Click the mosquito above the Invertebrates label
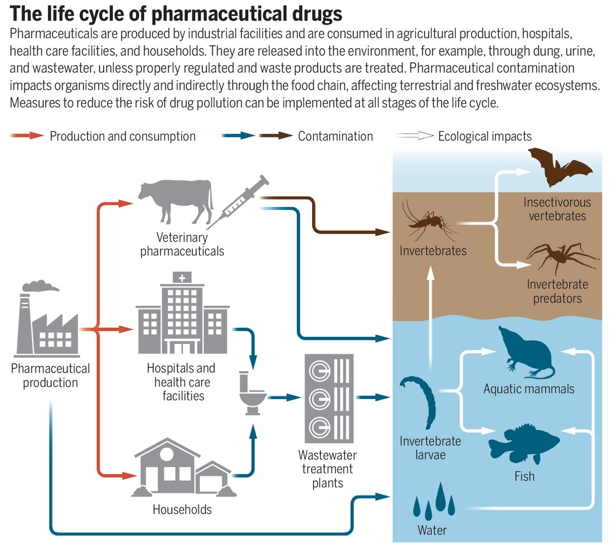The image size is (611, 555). click(x=427, y=222)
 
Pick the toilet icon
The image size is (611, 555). click(x=252, y=392)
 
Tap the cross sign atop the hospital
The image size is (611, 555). click(x=182, y=278)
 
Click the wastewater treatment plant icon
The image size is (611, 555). click(x=328, y=398)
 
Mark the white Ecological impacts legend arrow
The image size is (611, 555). click(x=414, y=136)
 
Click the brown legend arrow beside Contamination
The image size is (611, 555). click(x=275, y=136)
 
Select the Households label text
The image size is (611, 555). click(x=182, y=509)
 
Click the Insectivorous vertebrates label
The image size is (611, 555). click(x=557, y=209)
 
